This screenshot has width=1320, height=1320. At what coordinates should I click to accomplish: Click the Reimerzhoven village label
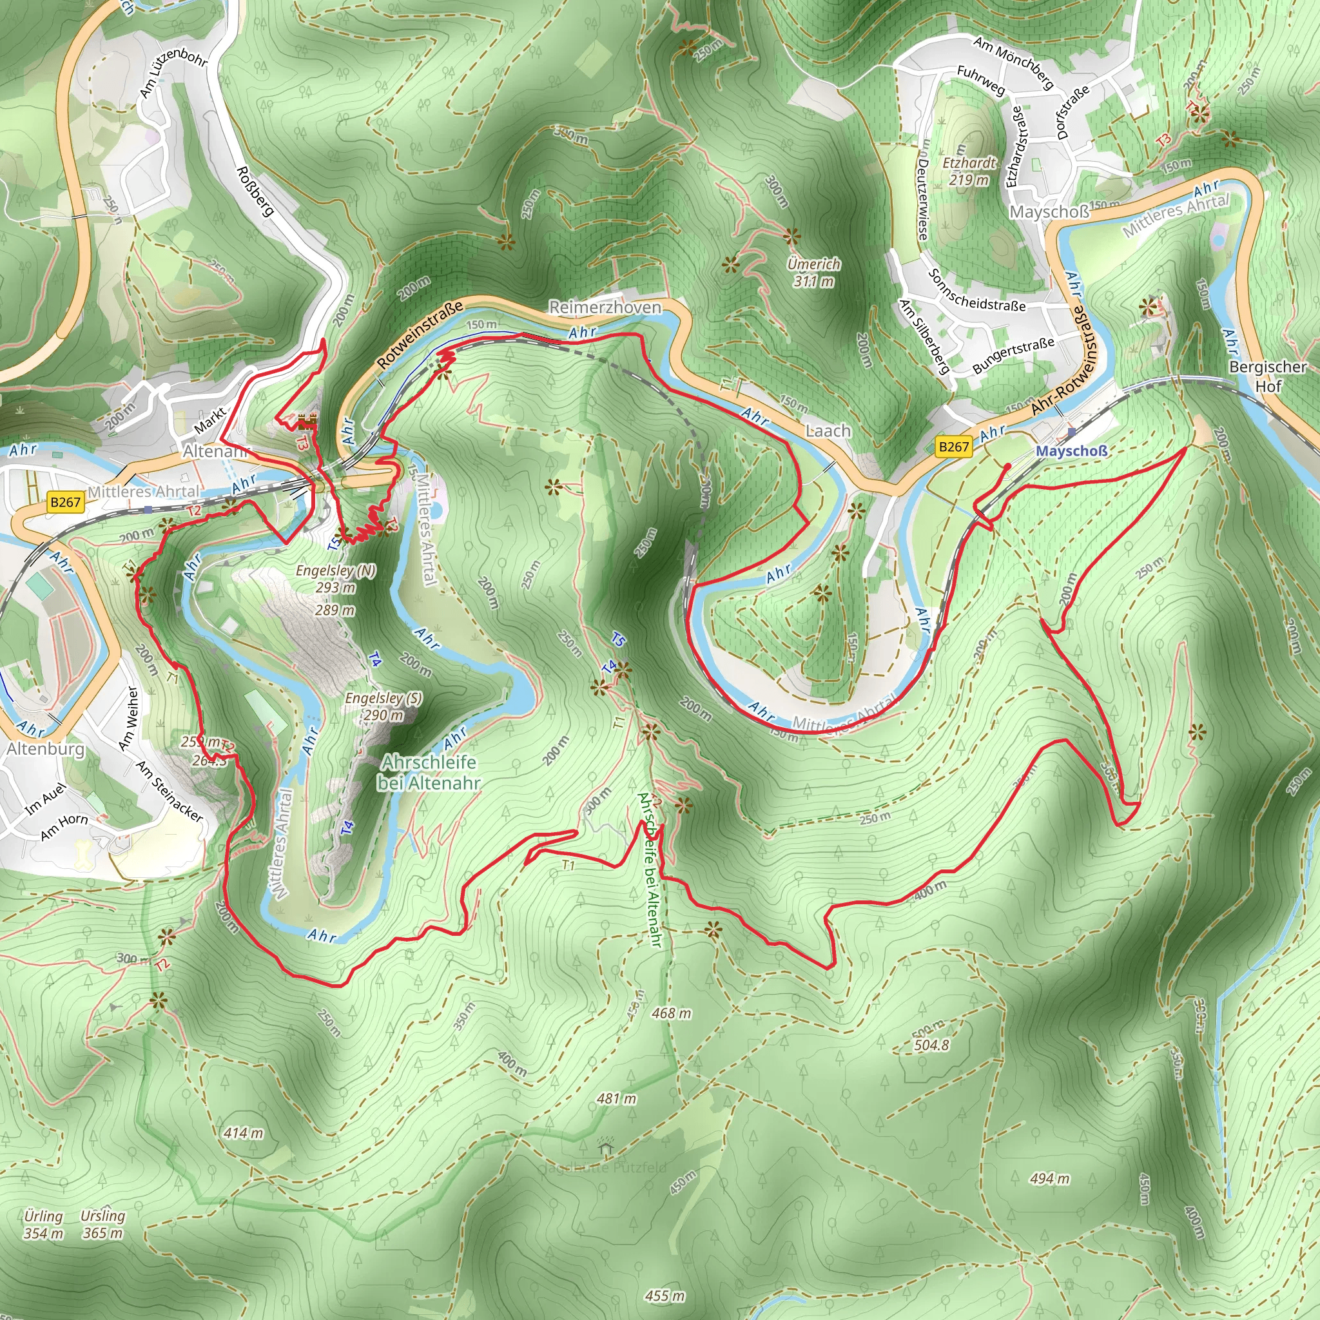coord(605,307)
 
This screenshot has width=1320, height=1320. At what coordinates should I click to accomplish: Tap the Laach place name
coord(828,431)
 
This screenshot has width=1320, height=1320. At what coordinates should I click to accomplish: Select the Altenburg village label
coord(46,749)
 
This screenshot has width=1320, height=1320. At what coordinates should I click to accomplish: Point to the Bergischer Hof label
coord(1267,376)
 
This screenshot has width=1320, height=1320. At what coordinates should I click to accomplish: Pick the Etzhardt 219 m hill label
coord(969,171)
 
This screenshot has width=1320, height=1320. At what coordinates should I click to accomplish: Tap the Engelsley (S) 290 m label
coord(383,706)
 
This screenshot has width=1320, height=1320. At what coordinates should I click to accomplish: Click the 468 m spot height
coord(671,1013)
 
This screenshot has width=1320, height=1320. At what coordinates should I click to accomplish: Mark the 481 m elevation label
coord(616,1099)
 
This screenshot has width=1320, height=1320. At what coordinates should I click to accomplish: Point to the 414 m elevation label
coord(243,1134)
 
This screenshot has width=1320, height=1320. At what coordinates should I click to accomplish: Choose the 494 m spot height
coord(1050,1179)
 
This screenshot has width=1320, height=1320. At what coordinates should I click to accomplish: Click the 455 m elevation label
coord(665,1296)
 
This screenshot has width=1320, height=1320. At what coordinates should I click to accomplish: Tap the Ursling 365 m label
coord(103,1225)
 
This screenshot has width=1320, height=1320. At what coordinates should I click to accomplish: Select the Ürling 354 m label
coord(43,1225)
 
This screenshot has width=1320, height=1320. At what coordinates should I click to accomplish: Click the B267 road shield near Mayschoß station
coord(954,447)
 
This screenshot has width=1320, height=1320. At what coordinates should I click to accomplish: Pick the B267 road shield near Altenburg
coord(66,502)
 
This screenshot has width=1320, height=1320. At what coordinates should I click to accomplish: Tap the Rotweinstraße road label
coord(420,335)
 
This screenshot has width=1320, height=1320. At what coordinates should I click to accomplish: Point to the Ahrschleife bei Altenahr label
coord(429,772)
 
